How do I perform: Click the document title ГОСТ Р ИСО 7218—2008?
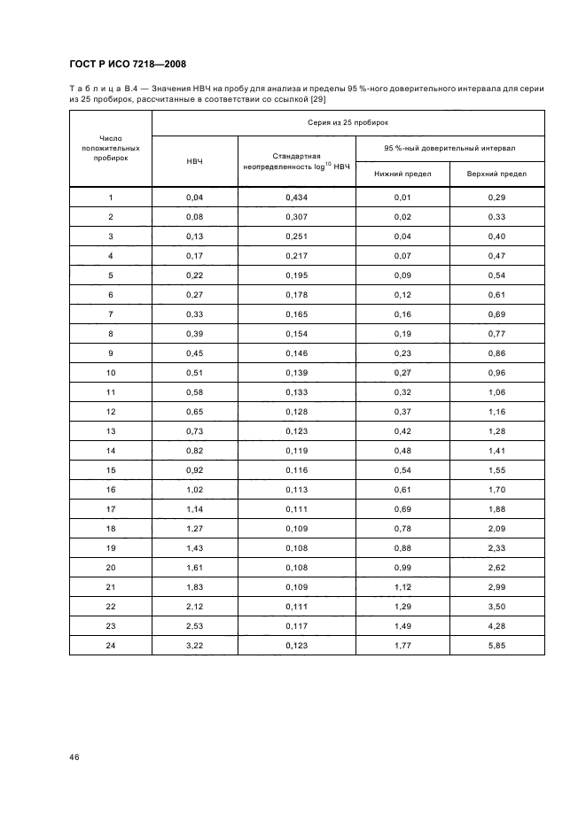pyautogui.click(x=127, y=64)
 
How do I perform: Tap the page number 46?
pyautogui.click(x=74, y=756)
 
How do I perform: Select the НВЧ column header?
pyautogui.click(x=195, y=161)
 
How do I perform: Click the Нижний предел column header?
pyautogui.click(x=402, y=174)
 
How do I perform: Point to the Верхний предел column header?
pyautogui.click(x=496, y=174)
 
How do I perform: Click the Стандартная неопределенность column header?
pyautogui.click(x=296, y=161)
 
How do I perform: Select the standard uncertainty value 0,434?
pyautogui.click(x=296, y=198)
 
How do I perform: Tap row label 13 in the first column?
pyautogui.click(x=111, y=430)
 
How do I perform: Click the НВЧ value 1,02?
pyautogui.click(x=195, y=489)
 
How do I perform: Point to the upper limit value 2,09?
pyautogui.click(x=496, y=528)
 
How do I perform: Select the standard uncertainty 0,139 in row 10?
pyautogui.click(x=296, y=372)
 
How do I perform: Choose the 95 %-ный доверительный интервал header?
pyautogui.click(x=449, y=148)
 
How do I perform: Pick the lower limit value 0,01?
pyautogui.click(x=402, y=198)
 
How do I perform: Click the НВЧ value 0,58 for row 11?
pyautogui.click(x=195, y=391)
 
